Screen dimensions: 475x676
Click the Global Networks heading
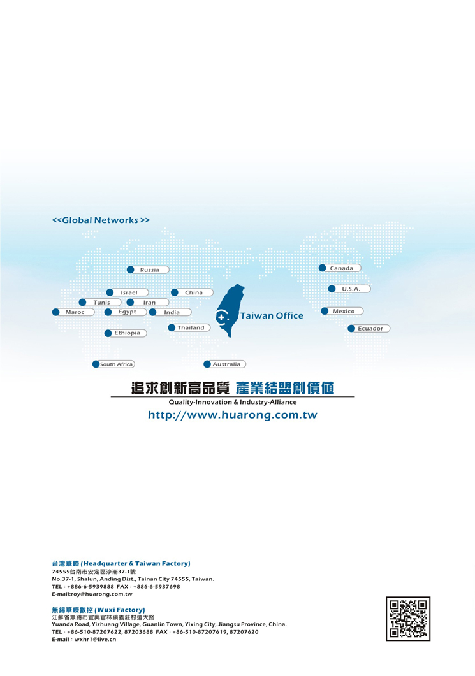pos(101,220)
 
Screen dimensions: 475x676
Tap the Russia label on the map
pos(150,270)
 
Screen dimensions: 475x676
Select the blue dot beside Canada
pos(322,268)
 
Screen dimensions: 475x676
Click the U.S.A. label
pos(351,289)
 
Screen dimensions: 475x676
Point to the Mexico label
pos(344,312)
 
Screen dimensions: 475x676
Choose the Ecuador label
pos(370,329)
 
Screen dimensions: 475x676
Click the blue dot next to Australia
pos(207,364)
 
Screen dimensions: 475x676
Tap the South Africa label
pos(117,364)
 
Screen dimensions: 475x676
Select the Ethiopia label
pos(128,333)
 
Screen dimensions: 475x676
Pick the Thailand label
pos(191,328)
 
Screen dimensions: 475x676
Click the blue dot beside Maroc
pos(55,312)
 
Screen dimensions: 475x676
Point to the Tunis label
pos(102,303)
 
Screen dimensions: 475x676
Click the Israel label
pos(129,292)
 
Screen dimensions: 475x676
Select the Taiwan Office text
pos(272,316)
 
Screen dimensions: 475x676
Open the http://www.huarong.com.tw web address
pos(233,415)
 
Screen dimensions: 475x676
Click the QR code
pos(408,619)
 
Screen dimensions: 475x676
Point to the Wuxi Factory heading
pos(98,610)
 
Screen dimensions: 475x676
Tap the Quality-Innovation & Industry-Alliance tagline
pos(233,402)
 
